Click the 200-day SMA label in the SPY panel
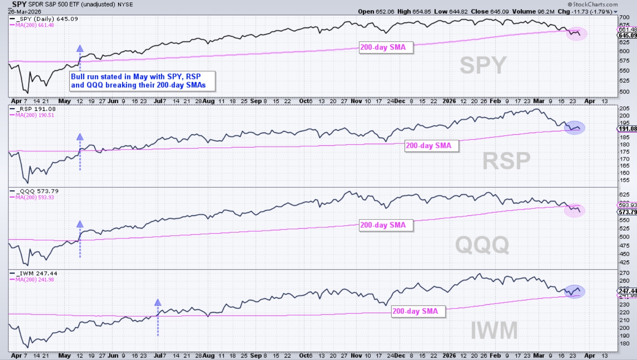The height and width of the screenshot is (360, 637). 386,47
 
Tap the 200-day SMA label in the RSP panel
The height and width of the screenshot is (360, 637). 431,146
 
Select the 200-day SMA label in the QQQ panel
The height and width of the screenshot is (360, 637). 386,225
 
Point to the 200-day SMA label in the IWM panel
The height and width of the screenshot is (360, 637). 418,311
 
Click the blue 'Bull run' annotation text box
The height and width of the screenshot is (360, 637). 142,81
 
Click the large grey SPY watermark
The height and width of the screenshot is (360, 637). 483,65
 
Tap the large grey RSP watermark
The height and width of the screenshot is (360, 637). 506,161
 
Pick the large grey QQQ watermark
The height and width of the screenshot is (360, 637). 482,245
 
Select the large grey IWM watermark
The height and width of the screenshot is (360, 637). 494,330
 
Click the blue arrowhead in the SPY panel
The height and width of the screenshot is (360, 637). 80,49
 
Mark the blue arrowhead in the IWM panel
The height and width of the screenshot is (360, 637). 158,303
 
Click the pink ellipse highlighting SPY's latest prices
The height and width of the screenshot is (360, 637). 576,34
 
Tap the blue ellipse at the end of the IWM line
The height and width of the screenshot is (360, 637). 574,291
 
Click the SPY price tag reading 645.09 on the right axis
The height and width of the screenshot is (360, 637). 627,35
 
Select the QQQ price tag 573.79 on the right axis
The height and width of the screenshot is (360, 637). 627,212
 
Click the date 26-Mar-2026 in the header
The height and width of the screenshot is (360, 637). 25,12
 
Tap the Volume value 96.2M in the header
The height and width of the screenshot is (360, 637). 545,12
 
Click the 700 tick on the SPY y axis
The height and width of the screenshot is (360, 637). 624,17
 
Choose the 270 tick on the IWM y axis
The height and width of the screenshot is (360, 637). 624,273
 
